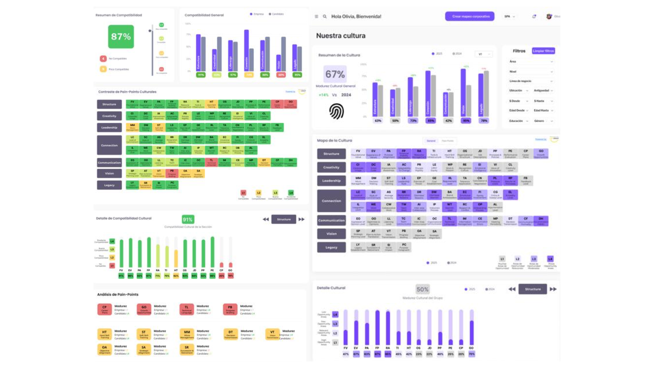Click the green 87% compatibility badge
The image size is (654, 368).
(x=121, y=36)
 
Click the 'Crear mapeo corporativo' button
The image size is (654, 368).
(x=470, y=16)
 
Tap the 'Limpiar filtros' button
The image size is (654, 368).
(x=543, y=51)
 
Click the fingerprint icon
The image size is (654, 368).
(x=336, y=111)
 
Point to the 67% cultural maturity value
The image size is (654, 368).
(x=335, y=74)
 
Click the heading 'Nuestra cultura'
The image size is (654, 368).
(x=341, y=36)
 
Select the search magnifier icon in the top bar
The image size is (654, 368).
(x=325, y=16)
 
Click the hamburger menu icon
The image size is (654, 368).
(x=316, y=16)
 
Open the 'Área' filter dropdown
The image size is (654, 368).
(x=531, y=62)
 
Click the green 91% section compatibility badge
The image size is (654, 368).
(x=188, y=219)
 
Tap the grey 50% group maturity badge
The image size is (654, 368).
(x=422, y=289)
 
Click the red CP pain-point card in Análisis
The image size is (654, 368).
(x=105, y=309)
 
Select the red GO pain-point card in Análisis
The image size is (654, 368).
(x=144, y=309)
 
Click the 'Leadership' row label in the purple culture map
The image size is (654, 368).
(x=331, y=181)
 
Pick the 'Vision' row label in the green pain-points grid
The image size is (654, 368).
(x=109, y=173)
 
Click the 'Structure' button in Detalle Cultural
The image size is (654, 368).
(x=533, y=289)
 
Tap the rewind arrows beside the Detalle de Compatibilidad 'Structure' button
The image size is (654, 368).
(x=266, y=219)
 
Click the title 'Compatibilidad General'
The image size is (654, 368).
(x=204, y=15)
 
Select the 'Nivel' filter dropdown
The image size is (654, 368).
(x=531, y=72)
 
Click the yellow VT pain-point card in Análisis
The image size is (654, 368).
(x=272, y=334)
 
